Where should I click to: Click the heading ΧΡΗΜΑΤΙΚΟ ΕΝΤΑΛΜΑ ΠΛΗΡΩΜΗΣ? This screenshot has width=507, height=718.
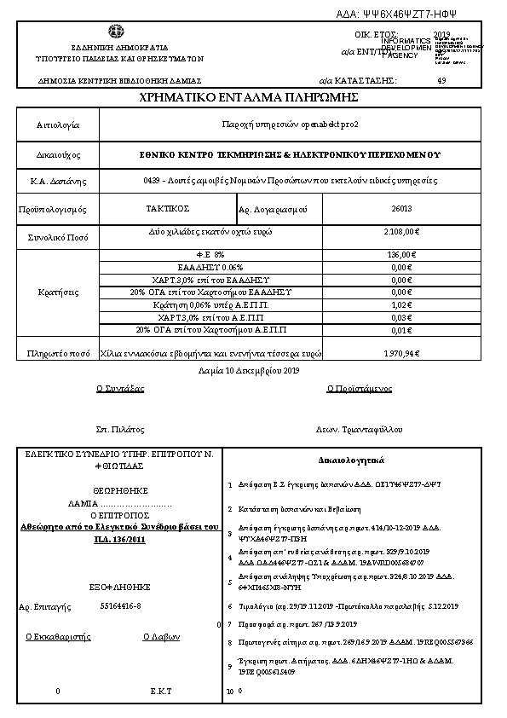[x=253, y=100]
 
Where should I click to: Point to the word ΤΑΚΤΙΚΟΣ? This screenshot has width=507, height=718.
[x=167, y=207]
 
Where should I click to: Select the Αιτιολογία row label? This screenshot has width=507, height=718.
[x=57, y=125]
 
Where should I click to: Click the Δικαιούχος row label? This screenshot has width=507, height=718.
[x=57, y=155]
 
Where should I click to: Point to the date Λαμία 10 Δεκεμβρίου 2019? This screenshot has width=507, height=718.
[x=253, y=370]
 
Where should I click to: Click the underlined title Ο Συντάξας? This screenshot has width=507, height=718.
[x=120, y=388]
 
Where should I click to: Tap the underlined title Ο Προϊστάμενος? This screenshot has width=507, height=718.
[x=360, y=388]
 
